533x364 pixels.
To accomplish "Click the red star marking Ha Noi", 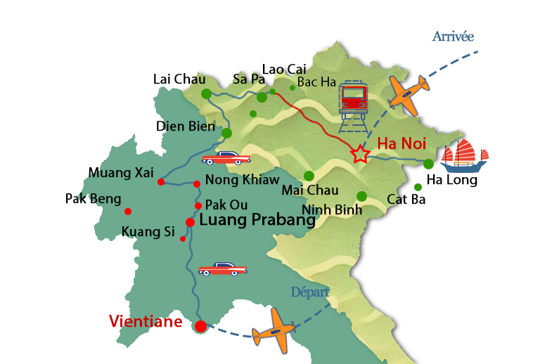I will click(x=360, y=154).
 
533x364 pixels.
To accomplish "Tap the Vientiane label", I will click(x=146, y=322).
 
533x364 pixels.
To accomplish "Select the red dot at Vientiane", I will click(x=201, y=326).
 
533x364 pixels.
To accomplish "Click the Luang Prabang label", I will click(x=257, y=221).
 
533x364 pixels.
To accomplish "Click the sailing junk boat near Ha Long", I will click(x=463, y=156).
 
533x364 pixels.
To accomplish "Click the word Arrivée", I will click(x=453, y=37).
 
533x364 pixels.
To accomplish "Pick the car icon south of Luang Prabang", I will click(x=223, y=269).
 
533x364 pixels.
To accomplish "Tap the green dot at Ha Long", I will click(x=429, y=164).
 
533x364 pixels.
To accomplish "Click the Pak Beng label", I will click(x=93, y=199).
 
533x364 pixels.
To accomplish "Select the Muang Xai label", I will click(x=121, y=173).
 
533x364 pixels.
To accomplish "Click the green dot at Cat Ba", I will click(x=418, y=187).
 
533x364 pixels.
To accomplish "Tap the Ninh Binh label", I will click(x=333, y=209).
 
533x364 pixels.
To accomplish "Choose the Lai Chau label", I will click(x=179, y=79).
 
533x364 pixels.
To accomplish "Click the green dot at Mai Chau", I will click(x=308, y=176).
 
